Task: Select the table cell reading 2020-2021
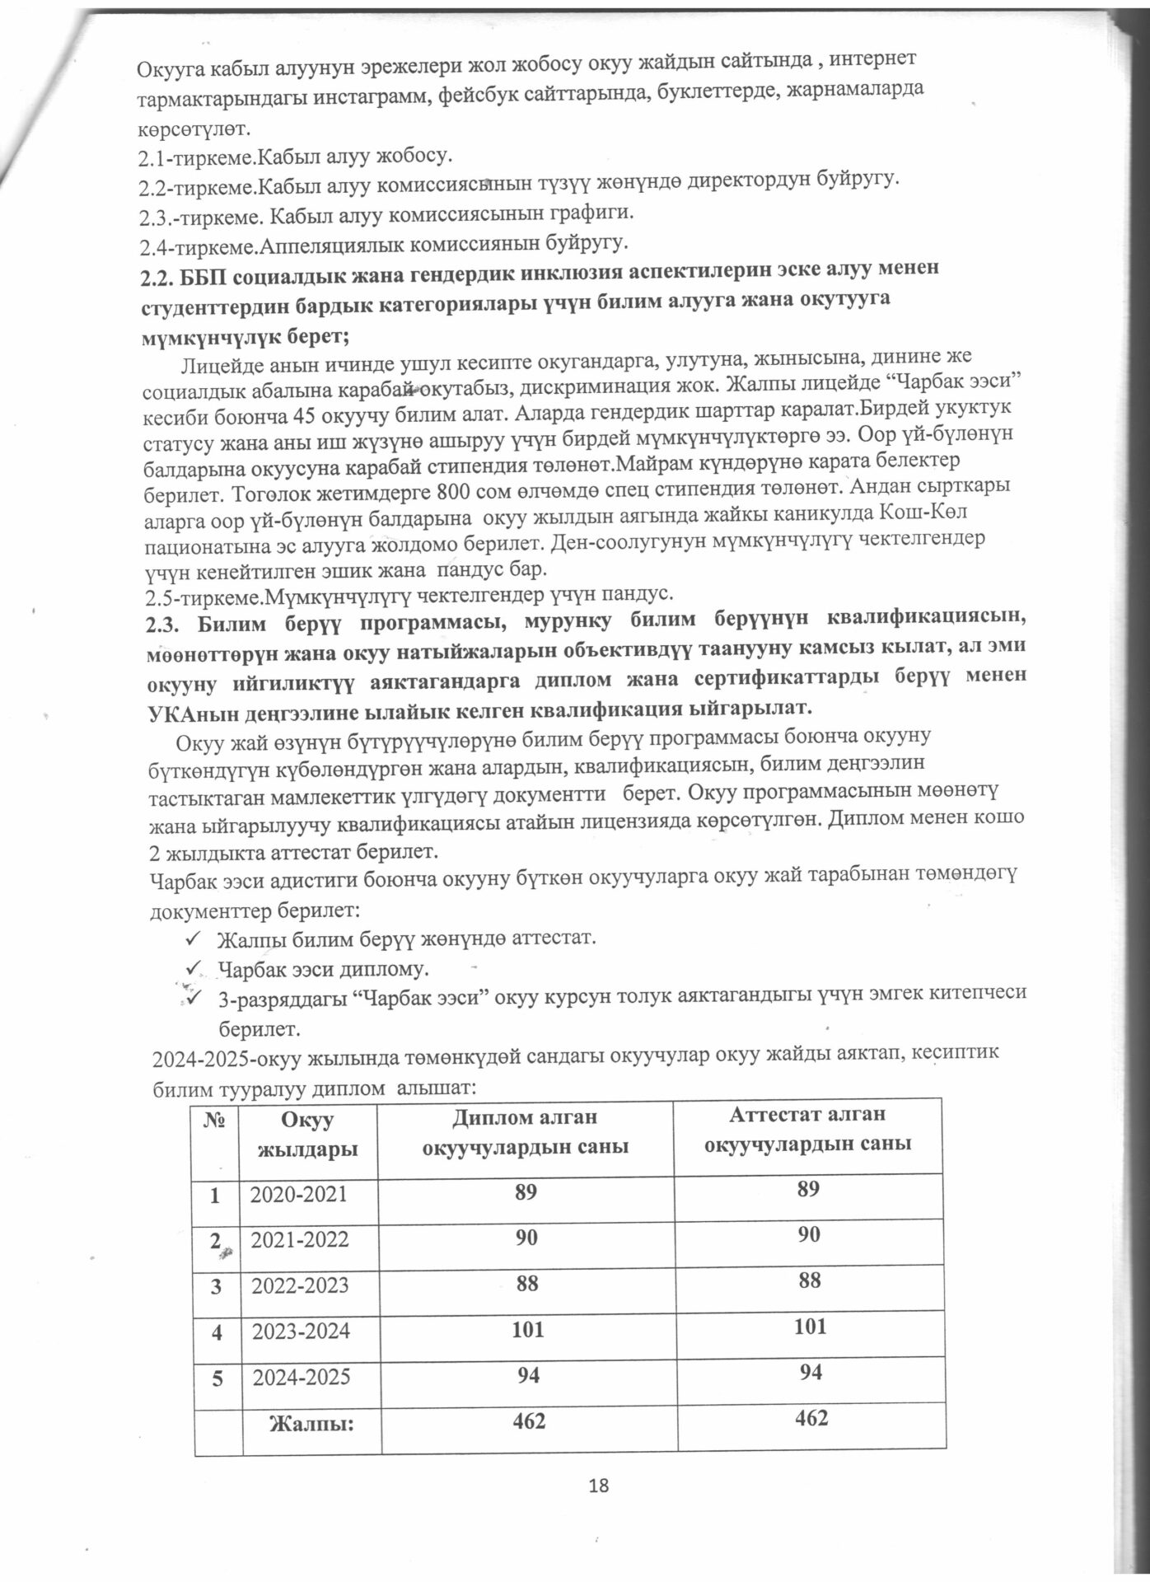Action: (x=300, y=1194)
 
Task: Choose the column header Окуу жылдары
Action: (x=307, y=1135)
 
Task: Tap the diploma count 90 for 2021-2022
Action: (x=526, y=1238)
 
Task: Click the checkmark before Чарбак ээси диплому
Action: (x=194, y=965)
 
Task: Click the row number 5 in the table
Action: (x=217, y=1376)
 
